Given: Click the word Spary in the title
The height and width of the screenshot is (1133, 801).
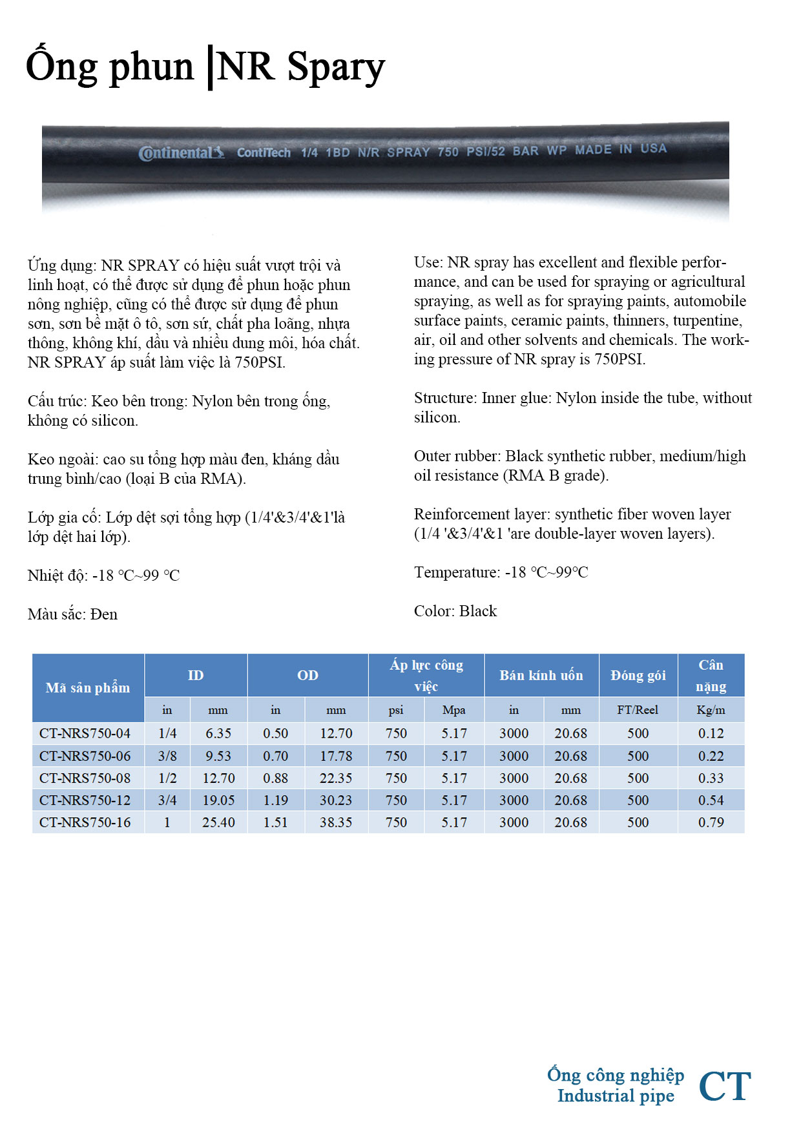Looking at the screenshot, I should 335,67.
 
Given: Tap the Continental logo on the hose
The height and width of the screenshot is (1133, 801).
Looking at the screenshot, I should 182,153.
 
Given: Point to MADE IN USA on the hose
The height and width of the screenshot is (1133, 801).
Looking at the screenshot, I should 621,149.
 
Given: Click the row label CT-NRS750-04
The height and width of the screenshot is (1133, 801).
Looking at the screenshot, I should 85,733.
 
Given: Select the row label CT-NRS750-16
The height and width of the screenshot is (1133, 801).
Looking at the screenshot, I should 85,822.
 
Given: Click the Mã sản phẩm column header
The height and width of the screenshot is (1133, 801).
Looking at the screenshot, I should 88,687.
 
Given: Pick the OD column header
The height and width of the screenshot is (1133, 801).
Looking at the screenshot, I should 307,675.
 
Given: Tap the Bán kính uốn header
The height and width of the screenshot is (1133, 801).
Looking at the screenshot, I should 541,675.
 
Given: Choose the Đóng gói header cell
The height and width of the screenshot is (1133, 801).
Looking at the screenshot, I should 638,675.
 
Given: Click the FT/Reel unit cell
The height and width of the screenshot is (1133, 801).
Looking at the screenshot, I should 638,710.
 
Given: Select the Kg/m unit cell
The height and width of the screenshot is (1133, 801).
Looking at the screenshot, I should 711,710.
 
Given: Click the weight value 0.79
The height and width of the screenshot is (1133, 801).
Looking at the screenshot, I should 711,822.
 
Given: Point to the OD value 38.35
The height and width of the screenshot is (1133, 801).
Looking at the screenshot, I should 336,822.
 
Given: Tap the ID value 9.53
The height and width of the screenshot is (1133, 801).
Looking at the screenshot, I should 218,756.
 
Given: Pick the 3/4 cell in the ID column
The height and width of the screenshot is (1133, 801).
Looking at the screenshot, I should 167,800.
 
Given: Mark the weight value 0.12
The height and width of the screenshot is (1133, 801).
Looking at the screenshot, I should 711,733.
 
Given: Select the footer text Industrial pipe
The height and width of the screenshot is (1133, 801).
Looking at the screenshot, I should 616,1096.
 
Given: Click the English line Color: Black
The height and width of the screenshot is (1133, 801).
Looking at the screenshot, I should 455,611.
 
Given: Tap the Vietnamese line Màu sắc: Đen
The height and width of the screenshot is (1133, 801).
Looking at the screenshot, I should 72,614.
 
